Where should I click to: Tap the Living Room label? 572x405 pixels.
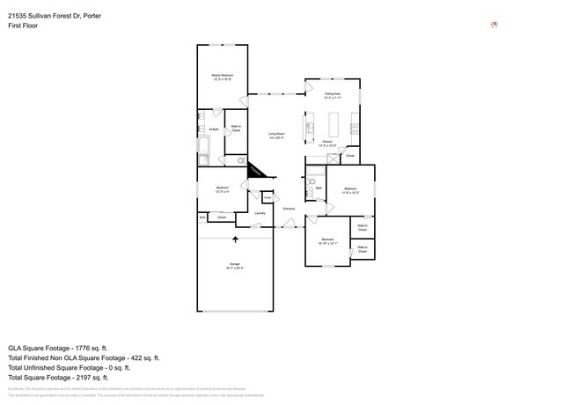click(276, 136)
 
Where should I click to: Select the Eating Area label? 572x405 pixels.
click(333, 94)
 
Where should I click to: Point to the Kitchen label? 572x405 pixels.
click(327, 143)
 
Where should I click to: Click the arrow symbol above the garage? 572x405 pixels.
click(235, 238)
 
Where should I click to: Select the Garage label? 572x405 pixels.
click(235, 266)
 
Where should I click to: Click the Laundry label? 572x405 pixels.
click(260, 213)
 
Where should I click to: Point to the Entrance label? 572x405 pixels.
click(288, 208)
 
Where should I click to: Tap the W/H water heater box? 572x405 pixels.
click(202, 217)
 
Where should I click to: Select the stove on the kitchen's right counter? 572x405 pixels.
click(355, 132)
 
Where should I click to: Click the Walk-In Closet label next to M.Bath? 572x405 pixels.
click(236, 129)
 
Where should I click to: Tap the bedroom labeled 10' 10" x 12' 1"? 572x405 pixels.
click(327, 241)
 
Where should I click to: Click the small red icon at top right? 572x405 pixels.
click(495, 25)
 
